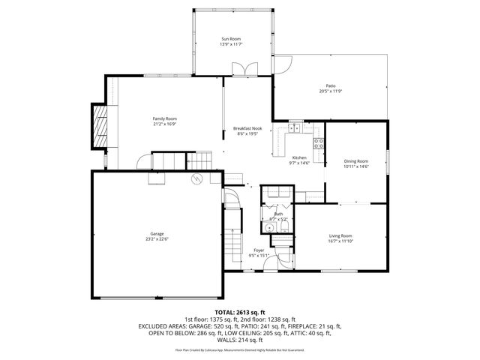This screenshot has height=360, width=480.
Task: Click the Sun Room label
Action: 229,38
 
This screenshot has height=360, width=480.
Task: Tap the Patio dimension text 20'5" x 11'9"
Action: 330,91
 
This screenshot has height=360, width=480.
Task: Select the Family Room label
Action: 164,118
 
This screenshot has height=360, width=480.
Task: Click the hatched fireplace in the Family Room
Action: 99,126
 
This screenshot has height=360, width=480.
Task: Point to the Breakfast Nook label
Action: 247,128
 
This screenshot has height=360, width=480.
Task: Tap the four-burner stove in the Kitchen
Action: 318,142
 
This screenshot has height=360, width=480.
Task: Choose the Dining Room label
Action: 355,160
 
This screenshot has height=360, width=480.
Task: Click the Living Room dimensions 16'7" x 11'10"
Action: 340,241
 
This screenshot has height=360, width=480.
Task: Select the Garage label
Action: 157,233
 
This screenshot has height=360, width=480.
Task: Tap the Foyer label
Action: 258,250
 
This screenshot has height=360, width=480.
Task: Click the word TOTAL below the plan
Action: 225,311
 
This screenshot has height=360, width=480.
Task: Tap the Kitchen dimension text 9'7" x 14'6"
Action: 300,163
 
